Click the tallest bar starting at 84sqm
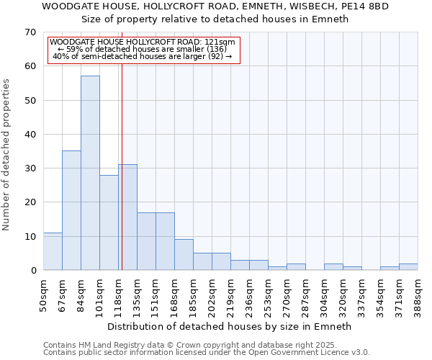90,173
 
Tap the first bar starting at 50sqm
53,251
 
